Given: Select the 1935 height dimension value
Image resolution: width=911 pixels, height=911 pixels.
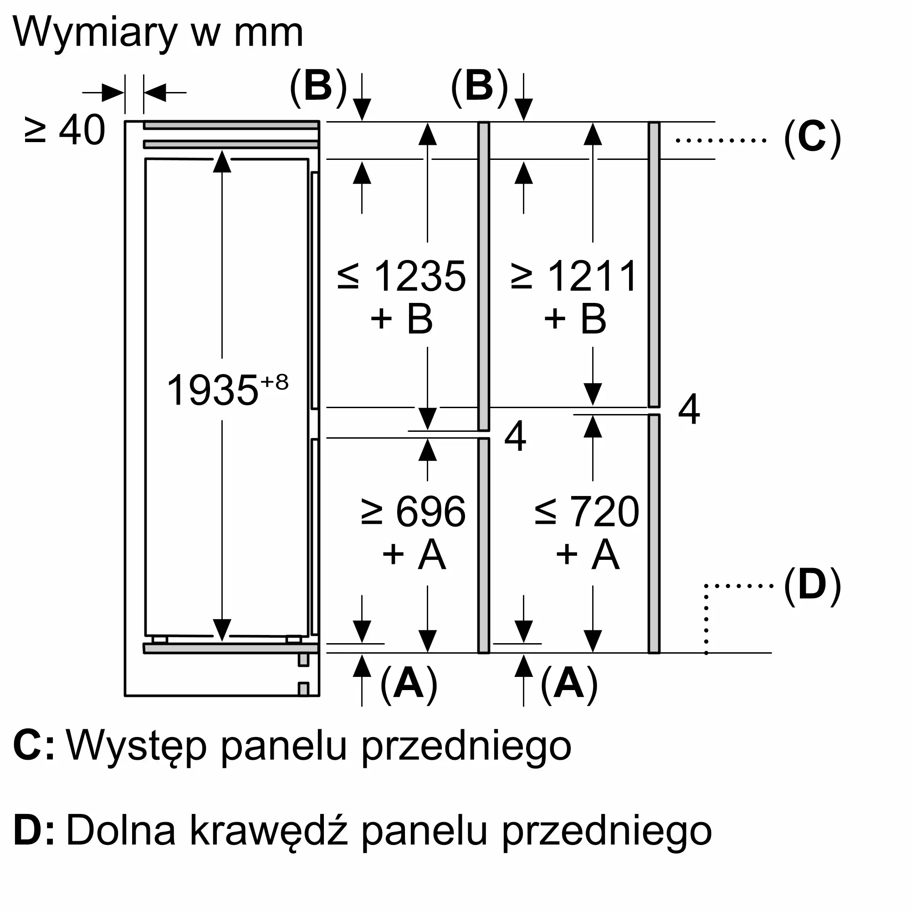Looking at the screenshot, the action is pyautogui.click(x=212, y=390).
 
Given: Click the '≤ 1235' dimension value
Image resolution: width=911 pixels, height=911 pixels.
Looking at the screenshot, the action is pyautogui.click(x=402, y=276).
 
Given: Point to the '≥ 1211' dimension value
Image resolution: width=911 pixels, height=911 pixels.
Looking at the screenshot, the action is pyautogui.click(x=574, y=276).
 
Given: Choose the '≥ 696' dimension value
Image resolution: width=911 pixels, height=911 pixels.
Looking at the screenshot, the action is pyautogui.click(x=414, y=512).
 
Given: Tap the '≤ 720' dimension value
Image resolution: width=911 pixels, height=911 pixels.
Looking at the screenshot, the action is pyautogui.click(x=587, y=512).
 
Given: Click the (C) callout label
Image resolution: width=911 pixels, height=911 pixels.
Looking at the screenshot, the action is pyautogui.click(x=813, y=138).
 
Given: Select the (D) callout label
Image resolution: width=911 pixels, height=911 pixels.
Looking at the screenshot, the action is pyautogui.click(x=813, y=586).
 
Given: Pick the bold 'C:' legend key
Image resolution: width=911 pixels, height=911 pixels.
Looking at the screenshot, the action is pyautogui.click(x=33, y=746).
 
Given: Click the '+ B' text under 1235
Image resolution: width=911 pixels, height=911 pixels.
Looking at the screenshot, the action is pyautogui.click(x=402, y=319).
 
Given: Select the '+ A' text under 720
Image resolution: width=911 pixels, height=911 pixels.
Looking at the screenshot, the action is pyautogui.click(x=587, y=554).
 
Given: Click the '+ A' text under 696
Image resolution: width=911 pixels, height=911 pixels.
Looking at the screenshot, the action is pyautogui.click(x=414, y=554).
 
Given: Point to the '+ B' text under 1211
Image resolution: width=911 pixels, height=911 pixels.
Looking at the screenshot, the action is pyautogui.click(x=574, y=319).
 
